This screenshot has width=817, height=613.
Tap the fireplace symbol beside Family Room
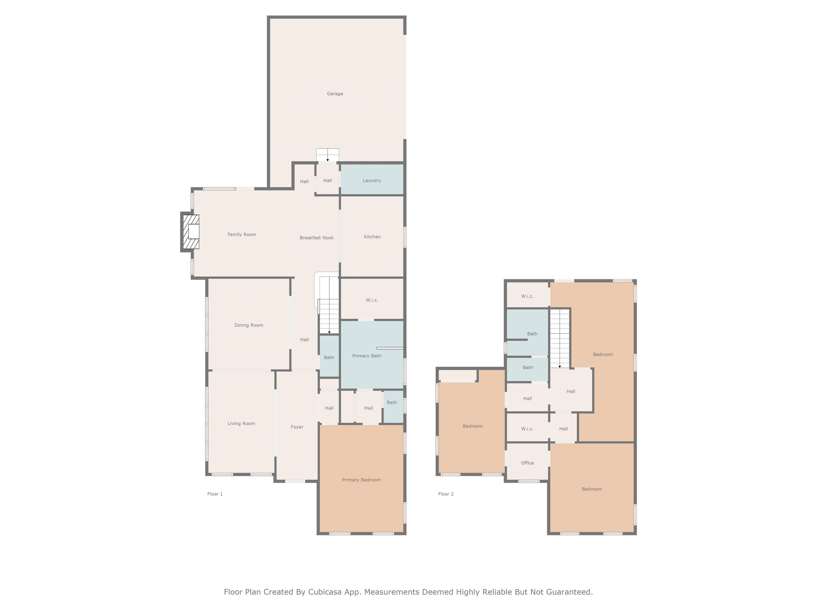191,232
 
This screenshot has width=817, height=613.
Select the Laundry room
372,180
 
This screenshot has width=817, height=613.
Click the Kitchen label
372,237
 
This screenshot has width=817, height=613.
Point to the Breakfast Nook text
316,238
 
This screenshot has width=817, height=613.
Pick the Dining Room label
249,325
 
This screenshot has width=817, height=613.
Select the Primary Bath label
366,356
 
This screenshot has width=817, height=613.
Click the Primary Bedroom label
361,480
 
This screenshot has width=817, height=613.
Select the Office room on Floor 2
527,463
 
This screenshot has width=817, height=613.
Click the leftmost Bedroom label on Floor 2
472,426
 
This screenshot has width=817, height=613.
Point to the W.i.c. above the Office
527,429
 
